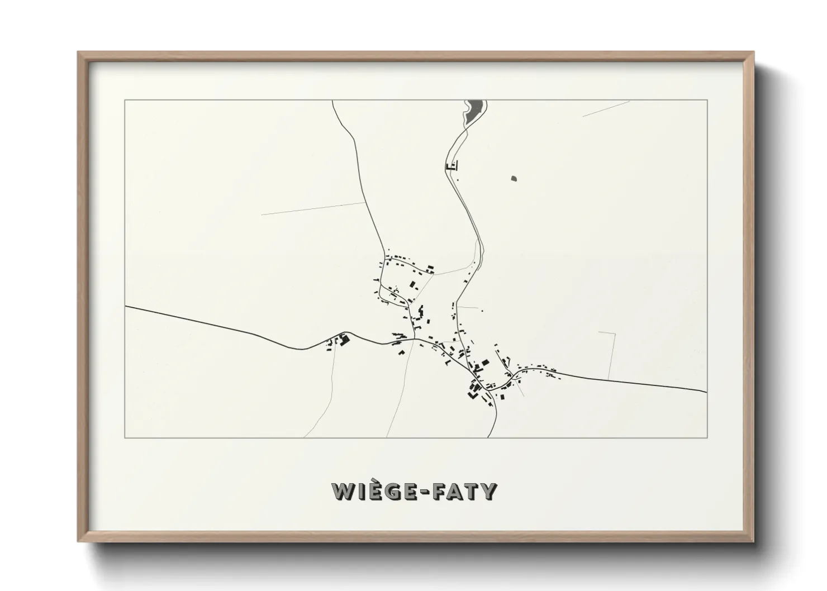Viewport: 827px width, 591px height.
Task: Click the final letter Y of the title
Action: tap(488, 492)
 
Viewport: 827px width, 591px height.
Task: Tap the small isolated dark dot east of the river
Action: tap(514, 179)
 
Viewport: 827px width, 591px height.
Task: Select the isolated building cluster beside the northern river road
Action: tap(451, 165)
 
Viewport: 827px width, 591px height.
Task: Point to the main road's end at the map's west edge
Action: tap(126, 307)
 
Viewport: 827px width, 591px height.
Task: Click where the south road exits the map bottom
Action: tap(489, 436)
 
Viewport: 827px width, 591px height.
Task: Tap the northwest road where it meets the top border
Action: tap(333, 102)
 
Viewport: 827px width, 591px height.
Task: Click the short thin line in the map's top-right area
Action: tap(606, 108)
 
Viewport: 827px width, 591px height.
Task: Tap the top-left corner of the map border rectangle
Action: tap(125, 100)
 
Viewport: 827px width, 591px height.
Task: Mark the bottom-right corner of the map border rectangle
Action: tap(707, 437)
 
